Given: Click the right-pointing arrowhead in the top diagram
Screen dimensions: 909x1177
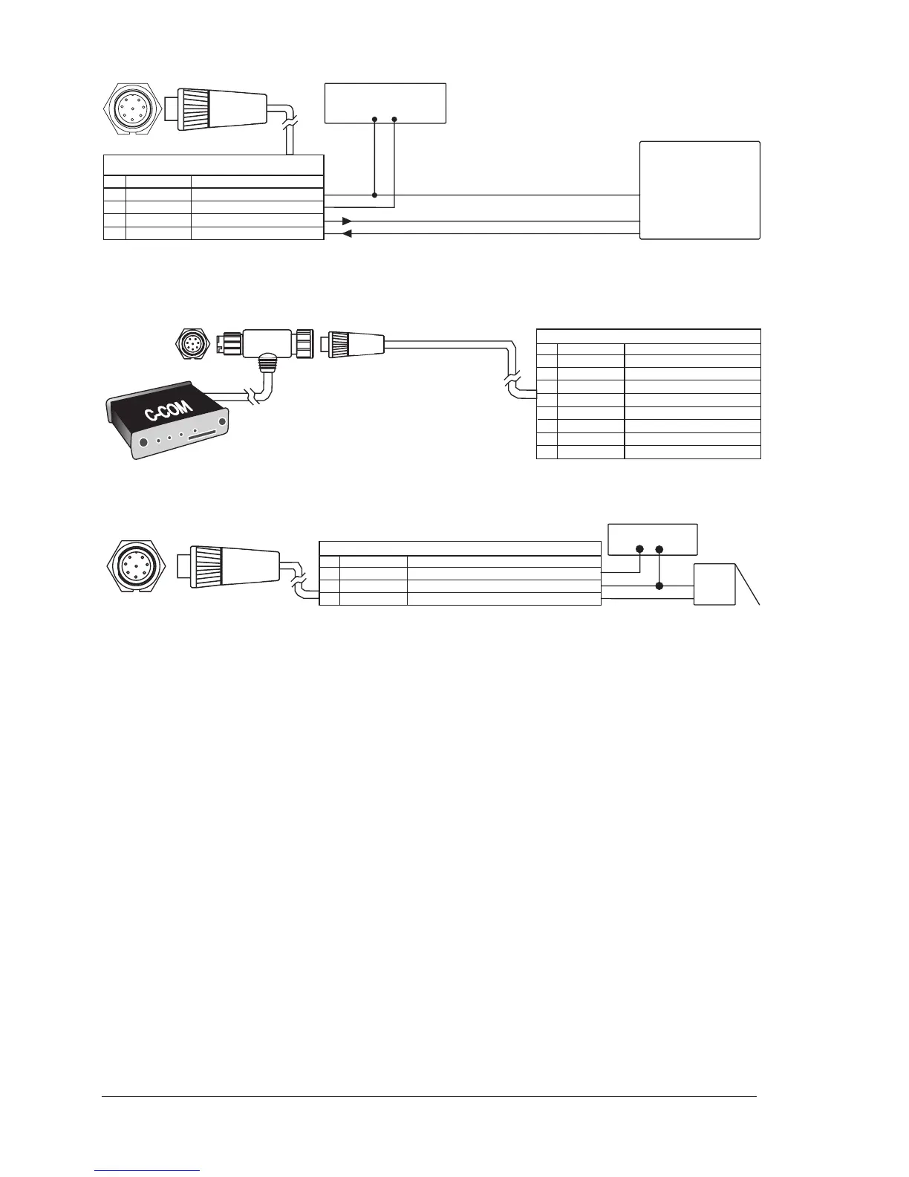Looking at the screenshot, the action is point(347,221).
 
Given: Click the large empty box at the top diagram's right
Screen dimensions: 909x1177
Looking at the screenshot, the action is point(700,190).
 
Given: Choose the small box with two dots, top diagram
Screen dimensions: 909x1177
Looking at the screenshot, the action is point(385,103).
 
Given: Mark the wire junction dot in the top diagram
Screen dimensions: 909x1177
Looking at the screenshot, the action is point(374,195).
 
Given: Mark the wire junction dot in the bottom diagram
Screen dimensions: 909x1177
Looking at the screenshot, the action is point(659,586).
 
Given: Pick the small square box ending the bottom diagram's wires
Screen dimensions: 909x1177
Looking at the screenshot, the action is point(714,584).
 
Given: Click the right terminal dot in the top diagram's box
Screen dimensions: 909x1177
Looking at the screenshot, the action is point(394,119).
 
